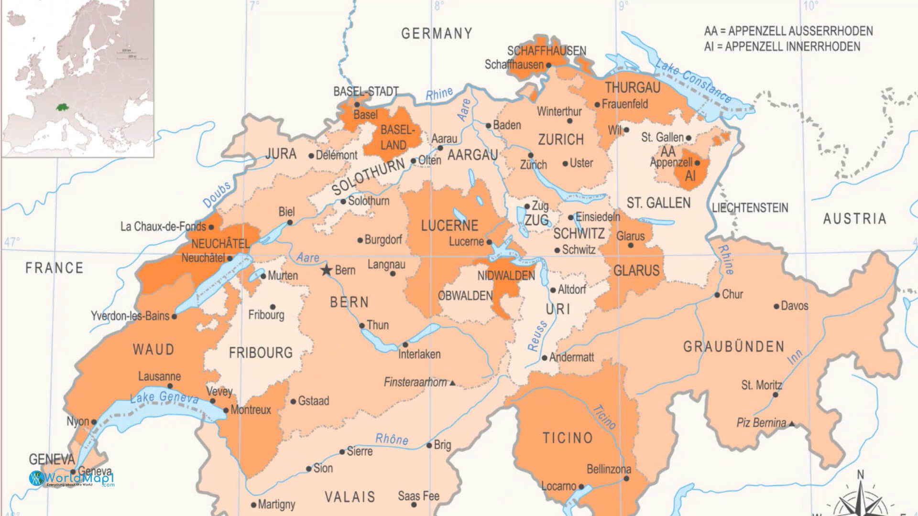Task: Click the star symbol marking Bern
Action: click(x=327, y=270)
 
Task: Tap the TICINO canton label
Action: click(x=568, y=438)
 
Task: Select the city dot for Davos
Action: click(x=776, y=306)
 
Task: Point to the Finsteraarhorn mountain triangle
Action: click(x=453, y=383)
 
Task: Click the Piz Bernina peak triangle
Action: click(x=792, y=424)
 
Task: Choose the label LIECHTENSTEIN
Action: click(x=750, y=208)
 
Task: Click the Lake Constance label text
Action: click(x=693, y=81)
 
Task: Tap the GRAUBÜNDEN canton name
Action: click(x=733, y=346)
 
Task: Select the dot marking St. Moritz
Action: click(x=776, y=395)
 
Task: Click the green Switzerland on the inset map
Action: click(x=61, y=107)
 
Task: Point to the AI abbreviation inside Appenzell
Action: click(x=690, y=176)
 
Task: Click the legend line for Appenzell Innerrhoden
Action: click(x=782, y=47)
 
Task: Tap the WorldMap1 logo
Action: click(x=72, y=478)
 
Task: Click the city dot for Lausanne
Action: click(x=170, y=386)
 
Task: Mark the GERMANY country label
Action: click(x=437, y=33)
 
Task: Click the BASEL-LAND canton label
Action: click(x=396, y=138)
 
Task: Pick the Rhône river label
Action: click(x=392, y=439)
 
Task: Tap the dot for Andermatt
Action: click(x=544, y=358)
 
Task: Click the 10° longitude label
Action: click(x=810, y=6)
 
